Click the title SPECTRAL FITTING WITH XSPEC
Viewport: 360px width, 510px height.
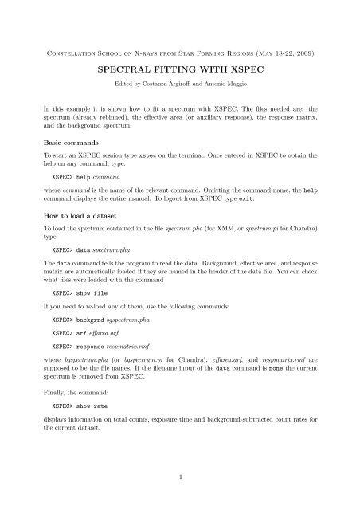pyautogui.click(x=179, y=70)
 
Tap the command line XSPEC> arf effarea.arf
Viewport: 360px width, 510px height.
pyautogui.click(x=88, y=360)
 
